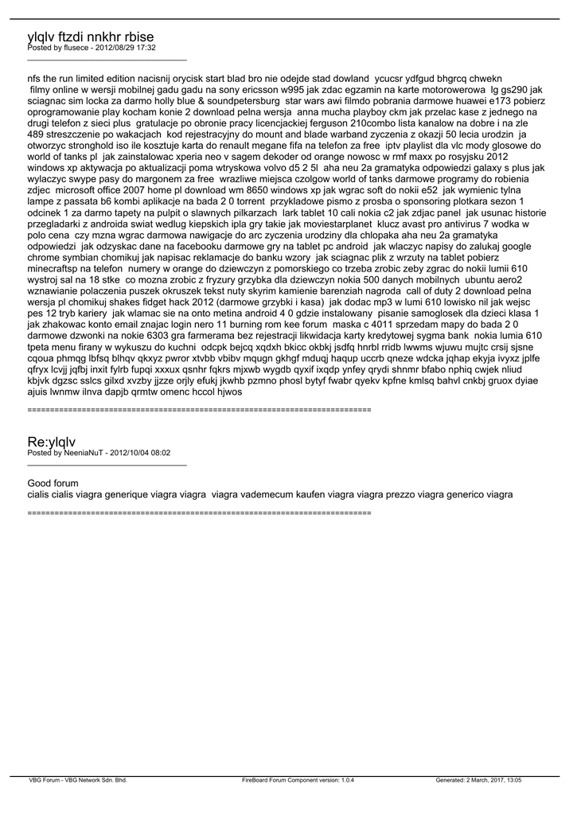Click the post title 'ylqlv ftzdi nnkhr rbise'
[91, 37]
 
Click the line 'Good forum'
[53, 483]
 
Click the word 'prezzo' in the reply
[402, 494]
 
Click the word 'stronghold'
[96, 146]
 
